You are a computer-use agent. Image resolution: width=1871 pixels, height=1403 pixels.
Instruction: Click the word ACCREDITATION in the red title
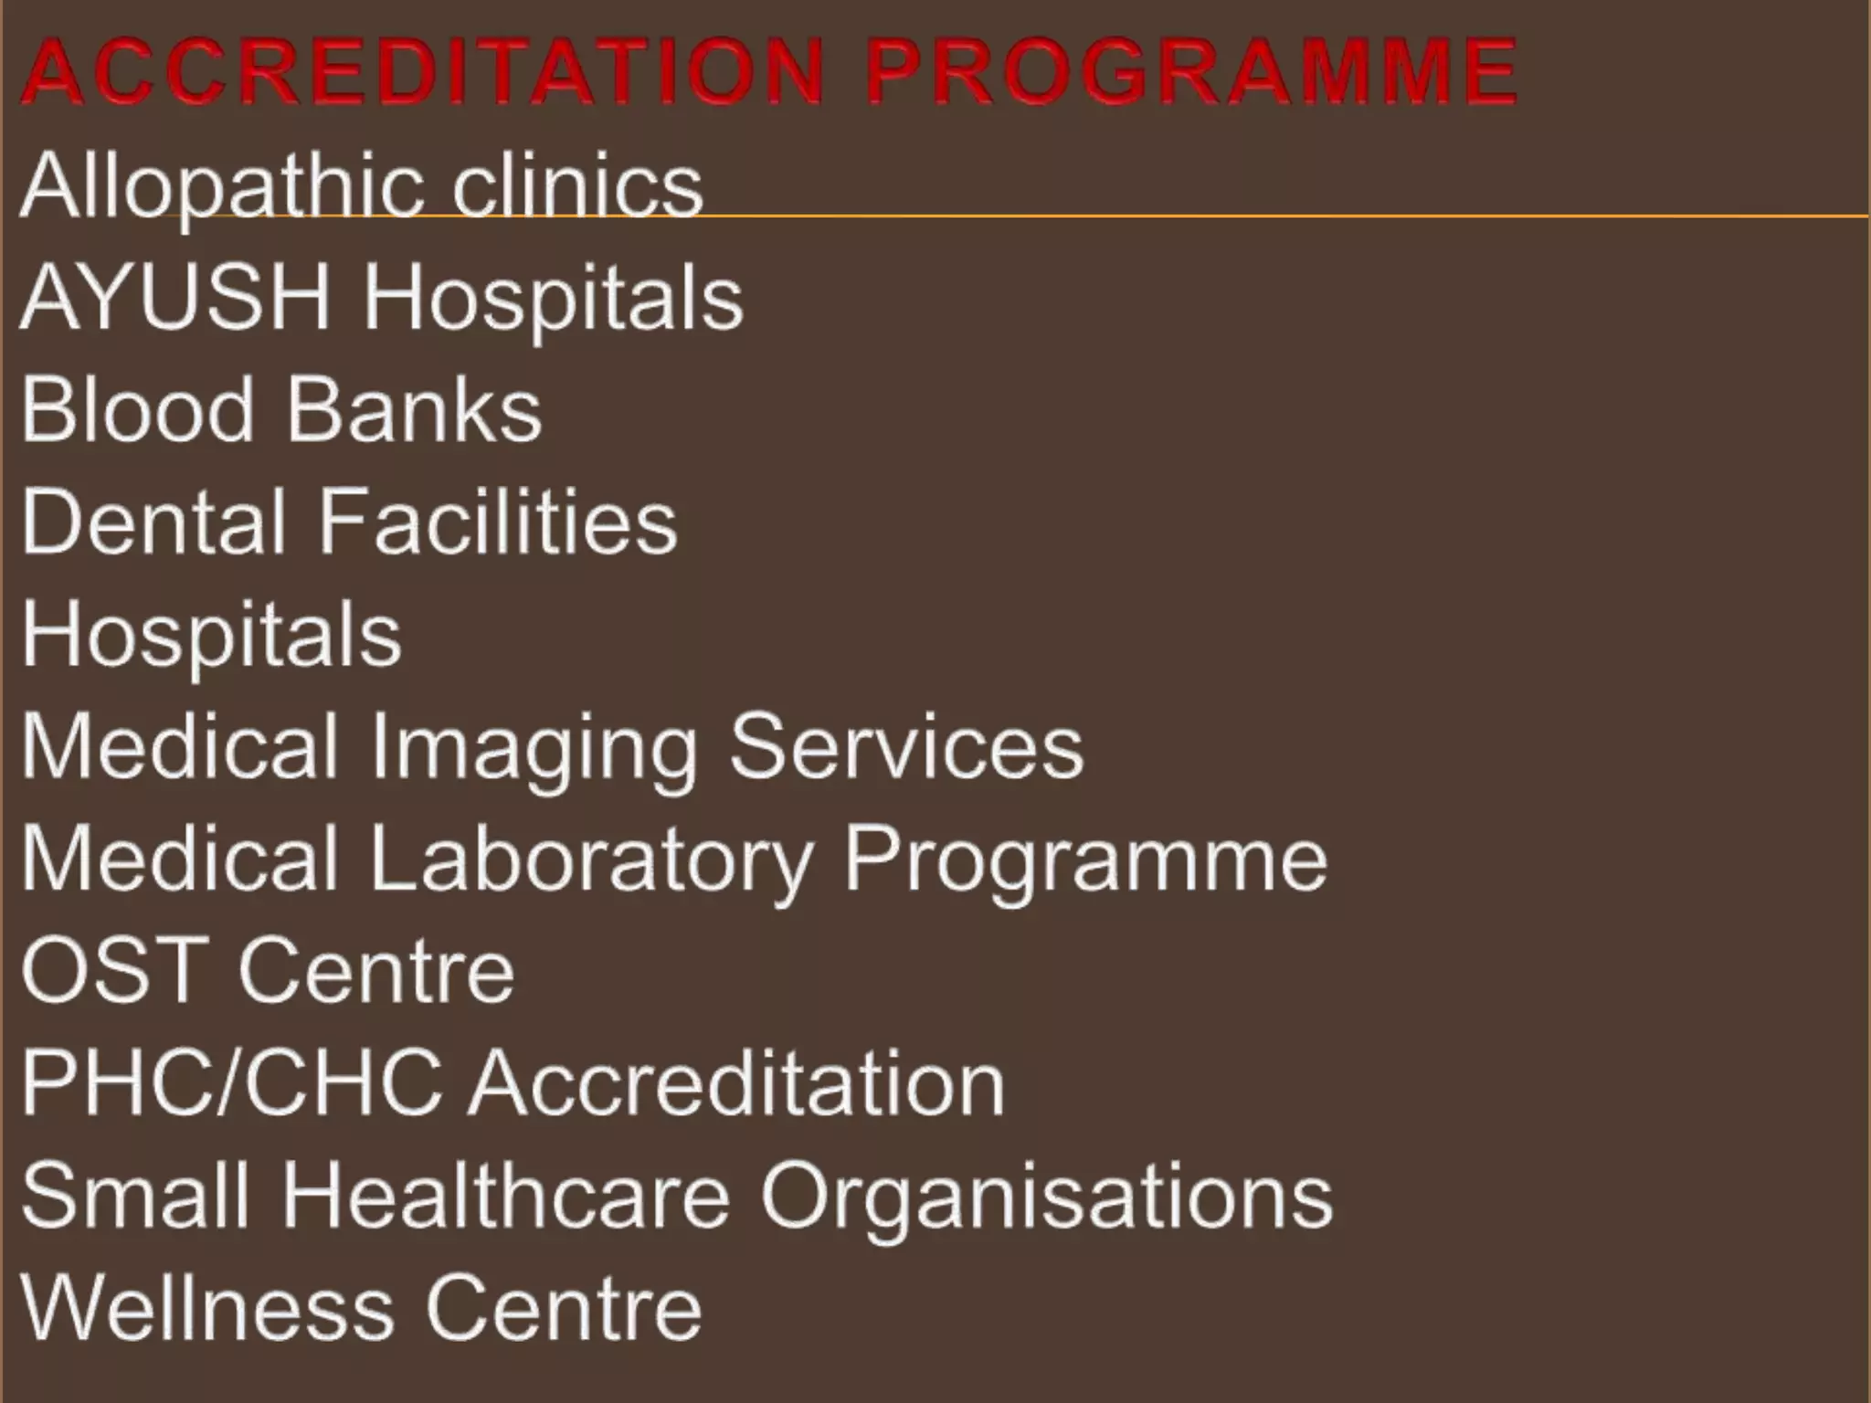pyautogui.click(x=423, y=71)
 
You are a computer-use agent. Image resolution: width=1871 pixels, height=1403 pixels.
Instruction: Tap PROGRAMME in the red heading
pyautogui.click(x=1190, y=71)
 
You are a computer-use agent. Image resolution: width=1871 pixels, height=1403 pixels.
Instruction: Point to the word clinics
pyautogui.click(x=577, y=186)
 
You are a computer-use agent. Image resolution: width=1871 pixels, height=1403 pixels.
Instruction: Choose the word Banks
pyautogui.click(x=415, y=410)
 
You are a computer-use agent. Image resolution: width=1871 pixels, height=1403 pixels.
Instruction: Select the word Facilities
pyautogui.click(x=498, y=522)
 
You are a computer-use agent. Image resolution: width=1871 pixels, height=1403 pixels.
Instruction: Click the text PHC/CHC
pyautogui.click(x=232, y=1084)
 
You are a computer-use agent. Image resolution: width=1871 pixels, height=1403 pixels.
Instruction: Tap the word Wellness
pyautogui.click(x=206, y=1308)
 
